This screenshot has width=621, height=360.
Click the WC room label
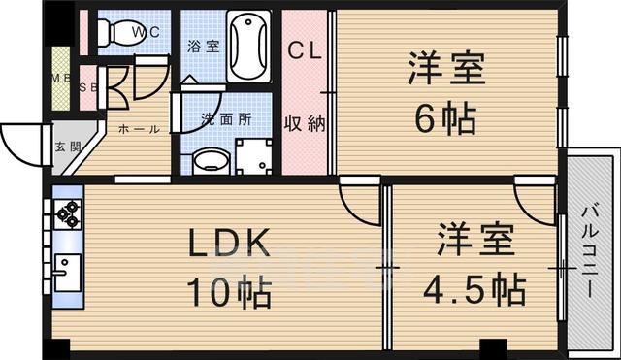(x=147, y=30)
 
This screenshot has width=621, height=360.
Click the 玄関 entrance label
(x=62, y=147)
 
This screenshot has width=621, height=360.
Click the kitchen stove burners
(x=68, y=213)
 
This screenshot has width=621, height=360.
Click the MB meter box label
(x=60, y=81)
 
